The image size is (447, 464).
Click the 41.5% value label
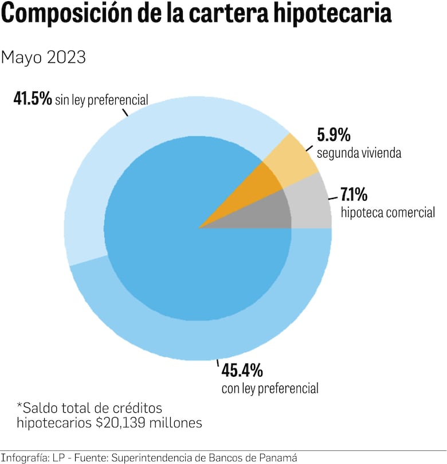point(33,99)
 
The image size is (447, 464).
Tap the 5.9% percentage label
point(334,135)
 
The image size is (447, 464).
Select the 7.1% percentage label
point(354,194)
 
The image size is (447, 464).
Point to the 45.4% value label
point(242,371)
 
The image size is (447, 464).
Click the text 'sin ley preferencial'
point(101,100)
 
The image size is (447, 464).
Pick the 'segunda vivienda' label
point(358,154)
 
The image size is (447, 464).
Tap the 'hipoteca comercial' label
point(387,213)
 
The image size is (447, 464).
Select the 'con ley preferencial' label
point(269,388)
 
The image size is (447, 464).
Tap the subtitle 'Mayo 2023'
point(44,57)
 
